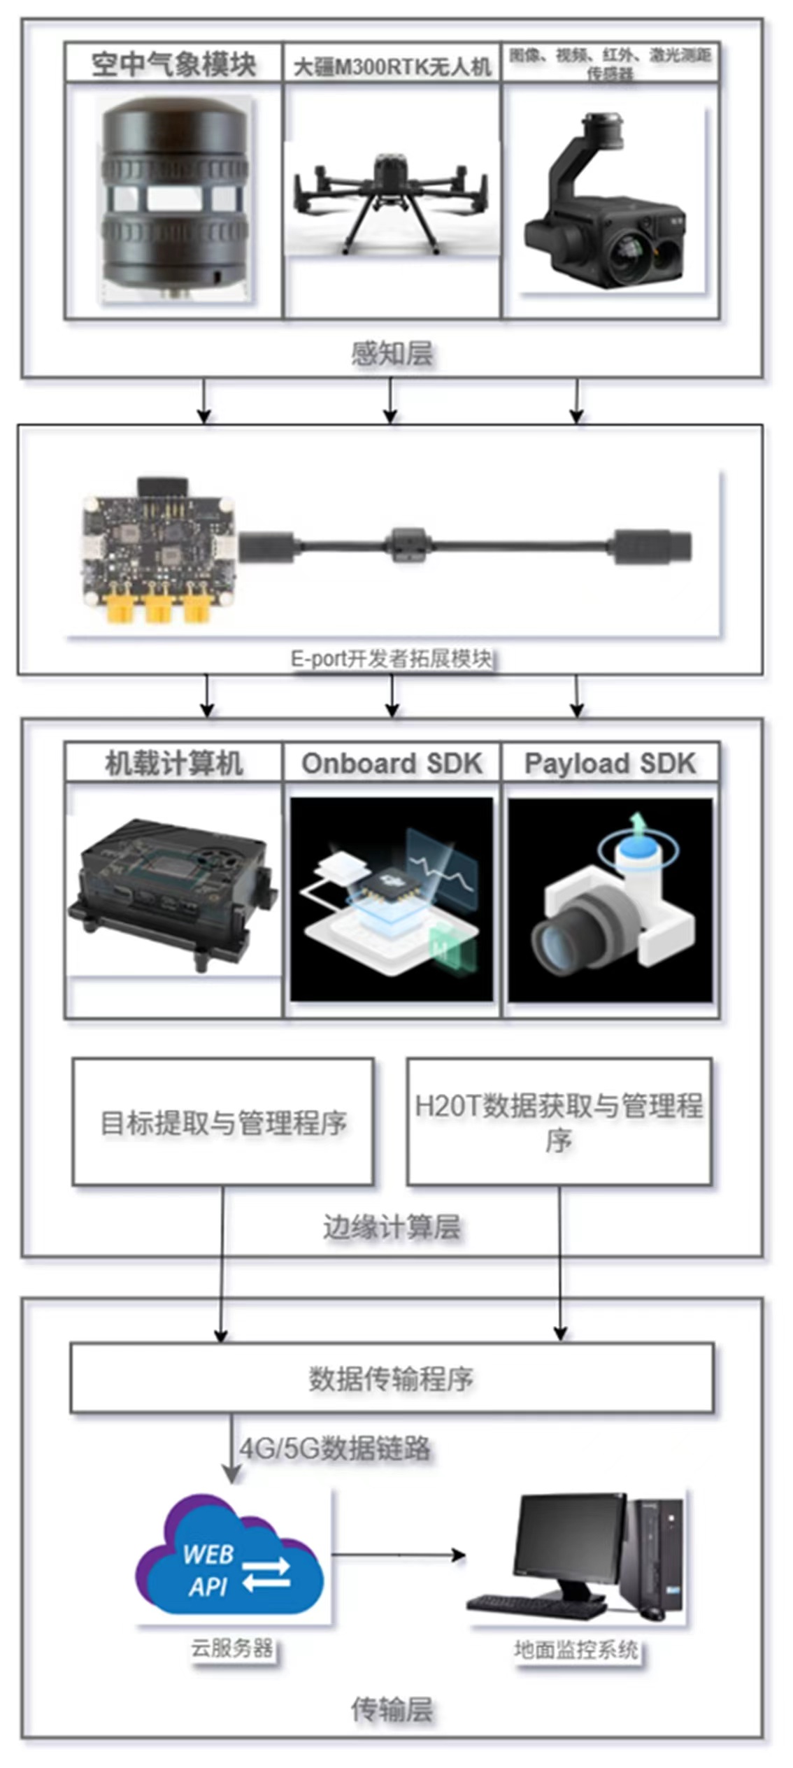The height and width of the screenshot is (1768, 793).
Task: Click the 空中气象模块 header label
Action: tap(173, 64)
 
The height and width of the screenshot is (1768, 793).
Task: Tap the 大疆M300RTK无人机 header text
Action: tap(392, 67)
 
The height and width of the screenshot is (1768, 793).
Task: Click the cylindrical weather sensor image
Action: tap(175, 200)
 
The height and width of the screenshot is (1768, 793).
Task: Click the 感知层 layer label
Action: tap(392, 353)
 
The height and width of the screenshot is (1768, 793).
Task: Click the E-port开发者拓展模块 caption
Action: tap(391, 659)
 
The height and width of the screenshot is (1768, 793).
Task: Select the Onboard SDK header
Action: tap(392, 763)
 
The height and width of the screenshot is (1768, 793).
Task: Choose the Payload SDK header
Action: tap(610, 763)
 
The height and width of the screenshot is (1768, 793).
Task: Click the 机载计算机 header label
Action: tap(173, 763)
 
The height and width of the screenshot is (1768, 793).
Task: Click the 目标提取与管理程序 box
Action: tap(223, 1122)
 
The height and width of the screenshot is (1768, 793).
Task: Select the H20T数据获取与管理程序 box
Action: tap(559, 1122)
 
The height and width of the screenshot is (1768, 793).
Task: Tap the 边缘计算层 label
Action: tap(392, 1227)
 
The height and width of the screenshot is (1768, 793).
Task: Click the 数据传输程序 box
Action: tap(392, 1378)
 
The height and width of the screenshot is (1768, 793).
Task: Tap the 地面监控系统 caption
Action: tap(576, 1650)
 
